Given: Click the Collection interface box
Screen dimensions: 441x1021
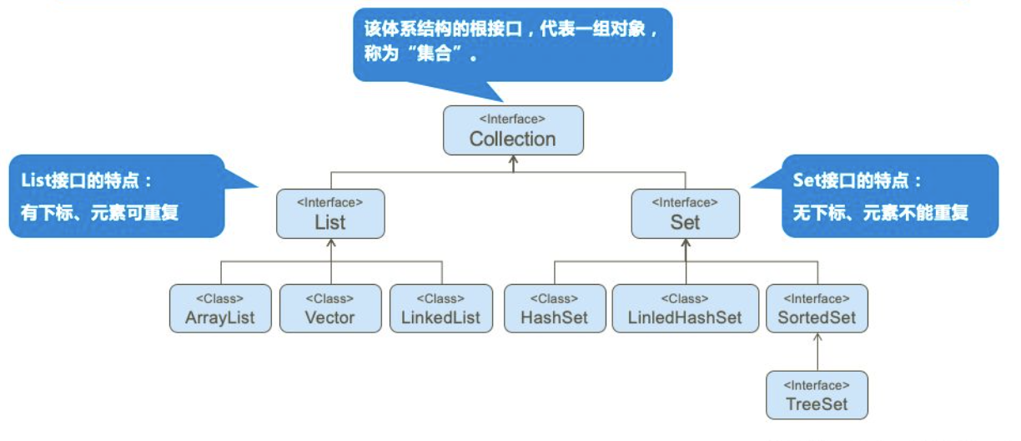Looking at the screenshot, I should pyautogui.click(x=513, y=130).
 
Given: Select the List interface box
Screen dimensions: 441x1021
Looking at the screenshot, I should pyautogui.click(x=330, y=214).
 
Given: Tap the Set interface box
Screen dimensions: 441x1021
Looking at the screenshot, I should pyautogui.click(x=685, y=214).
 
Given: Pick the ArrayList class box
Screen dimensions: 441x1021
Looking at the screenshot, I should pyautogui.click(x=220, y=309).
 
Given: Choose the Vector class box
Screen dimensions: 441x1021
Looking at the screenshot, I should pyautogui.click(x=330, y=309).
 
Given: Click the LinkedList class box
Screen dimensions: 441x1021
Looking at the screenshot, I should pyautogui.click(x=440, y=309).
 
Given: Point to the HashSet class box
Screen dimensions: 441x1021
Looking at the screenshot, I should pyautogui.click(x=555, y=309).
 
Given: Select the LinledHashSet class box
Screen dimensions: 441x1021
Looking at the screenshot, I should pyautogui.click(x=686, y=309).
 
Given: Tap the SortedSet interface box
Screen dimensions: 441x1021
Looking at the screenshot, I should pyautogui.click(x=817, y=309).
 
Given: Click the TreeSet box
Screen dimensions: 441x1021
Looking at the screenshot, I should pyautogui.click(x=817, y=395).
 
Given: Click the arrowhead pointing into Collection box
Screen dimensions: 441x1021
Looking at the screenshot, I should pyautogui.click(x=513, y=160).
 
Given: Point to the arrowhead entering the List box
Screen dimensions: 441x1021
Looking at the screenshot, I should pyautogui.click(x=331, y=243).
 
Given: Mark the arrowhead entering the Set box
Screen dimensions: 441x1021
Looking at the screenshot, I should pyautogui.click(x=686, y=243).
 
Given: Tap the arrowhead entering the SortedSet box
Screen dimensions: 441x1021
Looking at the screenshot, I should pyautogui.click(x=817, y=338).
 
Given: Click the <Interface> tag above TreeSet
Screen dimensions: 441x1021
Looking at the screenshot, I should pyautogui.click(x=817, y=385).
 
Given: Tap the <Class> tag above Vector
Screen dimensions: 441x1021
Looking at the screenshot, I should pyautogui.click(x=330, y=298).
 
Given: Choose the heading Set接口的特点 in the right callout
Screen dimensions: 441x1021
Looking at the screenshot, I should pyautogui.click(x=858, y=180).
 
